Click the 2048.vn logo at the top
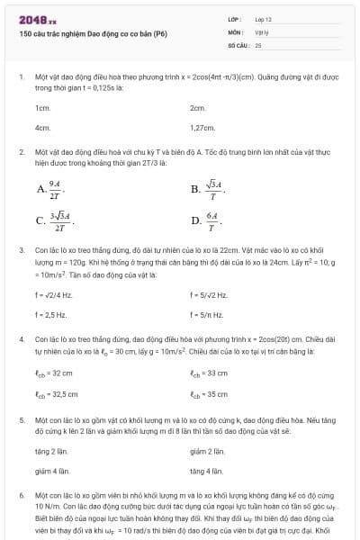(37, 19)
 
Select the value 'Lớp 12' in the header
(264, 19)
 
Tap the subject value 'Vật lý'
(262, 31)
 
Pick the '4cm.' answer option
(42, 128)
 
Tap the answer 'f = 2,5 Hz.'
(52, 314)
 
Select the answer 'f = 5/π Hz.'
(208, 314)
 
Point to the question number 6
(21, 495)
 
